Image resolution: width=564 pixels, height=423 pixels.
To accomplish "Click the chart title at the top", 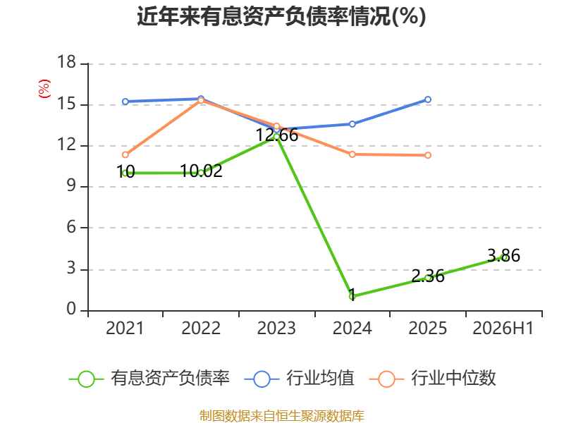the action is tap(281, 16).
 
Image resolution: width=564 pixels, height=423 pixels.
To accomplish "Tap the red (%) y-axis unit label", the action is tap(44, 89).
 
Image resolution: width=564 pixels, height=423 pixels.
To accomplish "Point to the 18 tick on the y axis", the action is tap(66, 62).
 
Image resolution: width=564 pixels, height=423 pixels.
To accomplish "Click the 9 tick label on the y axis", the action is tap(71, 186).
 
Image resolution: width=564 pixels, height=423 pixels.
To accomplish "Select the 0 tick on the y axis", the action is tap(71, 309).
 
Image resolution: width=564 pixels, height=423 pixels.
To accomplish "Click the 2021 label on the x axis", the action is tap(125, 328).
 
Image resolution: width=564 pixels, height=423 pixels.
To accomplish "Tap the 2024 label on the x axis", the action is tap(352, 328).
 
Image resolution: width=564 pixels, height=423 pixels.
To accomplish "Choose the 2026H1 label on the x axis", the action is tap(503, 328).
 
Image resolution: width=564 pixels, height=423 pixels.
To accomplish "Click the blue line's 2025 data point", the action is tap(428, 99).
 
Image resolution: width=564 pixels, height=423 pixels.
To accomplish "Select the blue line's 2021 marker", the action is tap(125, 102).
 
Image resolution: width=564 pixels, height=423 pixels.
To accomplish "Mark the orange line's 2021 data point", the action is tap(125, 155).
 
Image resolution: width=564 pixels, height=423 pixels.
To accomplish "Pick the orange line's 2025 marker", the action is tap(428, 155).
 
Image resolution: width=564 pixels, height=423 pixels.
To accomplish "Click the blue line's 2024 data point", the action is tap(352, 124).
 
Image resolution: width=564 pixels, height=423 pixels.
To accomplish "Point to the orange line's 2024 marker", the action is tap(352, 154).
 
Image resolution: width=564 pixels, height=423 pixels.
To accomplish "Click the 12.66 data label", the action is tap(276, 135).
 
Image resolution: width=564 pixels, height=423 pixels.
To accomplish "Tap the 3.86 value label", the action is tap(503, 256).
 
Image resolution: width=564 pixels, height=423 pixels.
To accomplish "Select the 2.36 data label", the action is tap(428, 276).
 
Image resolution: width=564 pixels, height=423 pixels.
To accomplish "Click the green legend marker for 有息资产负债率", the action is tap(86, 379).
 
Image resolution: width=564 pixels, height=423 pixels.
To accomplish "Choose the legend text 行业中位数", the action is tap(453, 379).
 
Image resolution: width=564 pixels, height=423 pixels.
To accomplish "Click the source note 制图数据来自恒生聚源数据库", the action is tap(282, 416).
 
